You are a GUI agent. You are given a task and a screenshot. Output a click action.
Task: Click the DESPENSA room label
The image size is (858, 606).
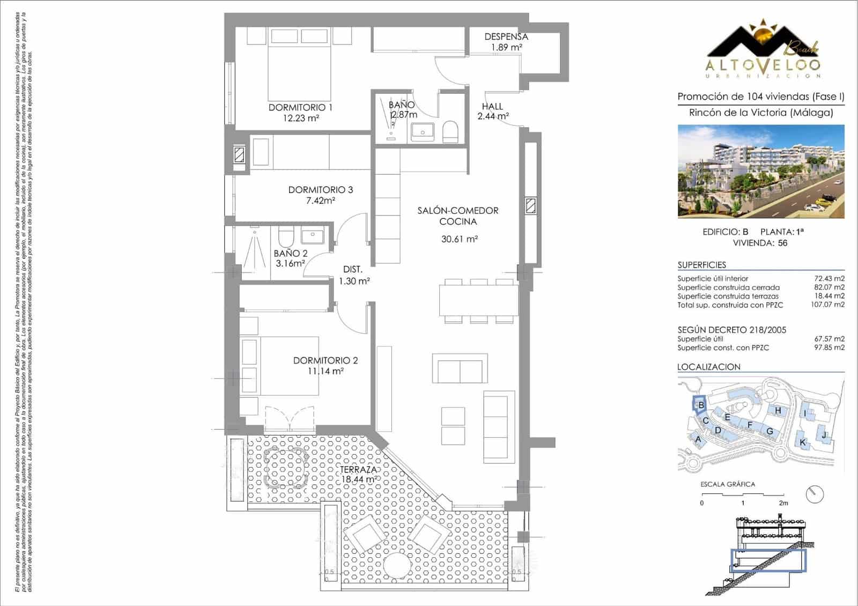pos(506,36)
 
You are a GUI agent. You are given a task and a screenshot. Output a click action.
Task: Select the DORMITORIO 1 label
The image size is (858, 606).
pos(300,107)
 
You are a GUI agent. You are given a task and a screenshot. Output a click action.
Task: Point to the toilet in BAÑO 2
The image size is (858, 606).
pos(285,236)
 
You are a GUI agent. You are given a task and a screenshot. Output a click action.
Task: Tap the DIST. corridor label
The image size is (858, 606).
pos(353,270)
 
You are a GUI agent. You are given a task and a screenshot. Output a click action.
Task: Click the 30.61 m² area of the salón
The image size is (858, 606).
pos(459,239)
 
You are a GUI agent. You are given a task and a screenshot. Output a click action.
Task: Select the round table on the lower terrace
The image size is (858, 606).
pos(396,567)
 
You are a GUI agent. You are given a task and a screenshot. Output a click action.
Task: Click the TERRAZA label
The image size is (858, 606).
pos(358,470)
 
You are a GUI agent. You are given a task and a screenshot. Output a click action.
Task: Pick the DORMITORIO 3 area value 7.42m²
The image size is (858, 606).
pos(320,201)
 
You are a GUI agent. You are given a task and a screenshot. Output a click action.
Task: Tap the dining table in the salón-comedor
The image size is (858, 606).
pos(478,301)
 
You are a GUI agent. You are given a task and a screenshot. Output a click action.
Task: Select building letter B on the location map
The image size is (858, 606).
pos(700,405)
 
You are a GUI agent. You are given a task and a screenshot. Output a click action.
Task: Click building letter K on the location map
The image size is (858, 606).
pos(802,442)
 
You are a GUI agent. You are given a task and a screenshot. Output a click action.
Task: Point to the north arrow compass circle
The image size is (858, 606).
pos(815,493)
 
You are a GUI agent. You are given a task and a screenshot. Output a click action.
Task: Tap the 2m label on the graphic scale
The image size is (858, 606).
pos(783,503)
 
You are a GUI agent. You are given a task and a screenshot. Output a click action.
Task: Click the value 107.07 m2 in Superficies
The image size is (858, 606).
pos(827,305)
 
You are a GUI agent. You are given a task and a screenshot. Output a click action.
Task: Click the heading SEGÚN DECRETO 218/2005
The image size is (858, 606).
pos(731,330)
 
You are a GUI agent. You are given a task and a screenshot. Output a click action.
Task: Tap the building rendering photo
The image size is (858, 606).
pos(760,171)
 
